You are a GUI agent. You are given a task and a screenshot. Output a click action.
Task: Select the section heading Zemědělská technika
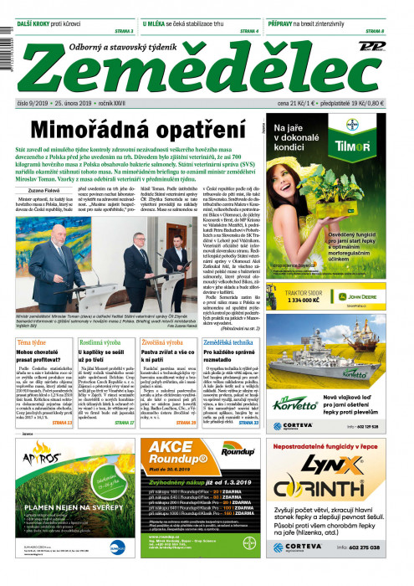(230, 343)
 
